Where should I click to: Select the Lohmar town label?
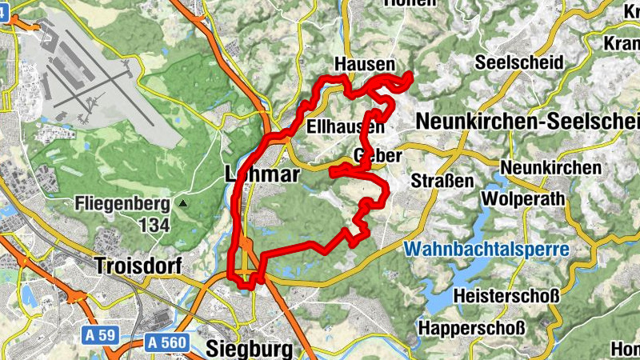(262, 174)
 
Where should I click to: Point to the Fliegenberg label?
(123, 203)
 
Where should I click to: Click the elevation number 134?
(154, 225)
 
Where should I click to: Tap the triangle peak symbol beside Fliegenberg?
(183, 204)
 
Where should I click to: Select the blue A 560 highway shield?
(166, 342)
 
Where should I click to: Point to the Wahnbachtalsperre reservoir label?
(486, 249)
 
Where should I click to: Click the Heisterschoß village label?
(505, 296)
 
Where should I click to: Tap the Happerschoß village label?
(472, 328)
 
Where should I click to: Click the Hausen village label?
(365, 64)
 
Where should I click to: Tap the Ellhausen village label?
(345, 126)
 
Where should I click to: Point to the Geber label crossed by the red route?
(375, 154)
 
